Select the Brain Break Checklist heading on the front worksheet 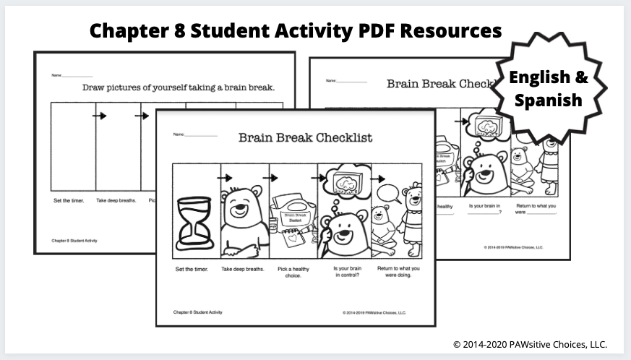[305, 137]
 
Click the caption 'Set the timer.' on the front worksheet [192, 270]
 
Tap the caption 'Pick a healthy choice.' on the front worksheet [293, 273]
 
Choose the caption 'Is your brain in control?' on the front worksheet [344, 273]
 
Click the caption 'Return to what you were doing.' [398, 273]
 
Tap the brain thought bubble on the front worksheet [344, 182]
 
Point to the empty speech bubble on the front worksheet [388, 193]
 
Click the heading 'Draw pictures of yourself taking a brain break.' [179, 87]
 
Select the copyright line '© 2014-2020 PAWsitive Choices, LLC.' [530, 345]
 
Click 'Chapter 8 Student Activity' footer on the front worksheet [197, 312]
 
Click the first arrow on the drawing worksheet [99, 116]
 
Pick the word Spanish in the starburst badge [548, 100]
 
